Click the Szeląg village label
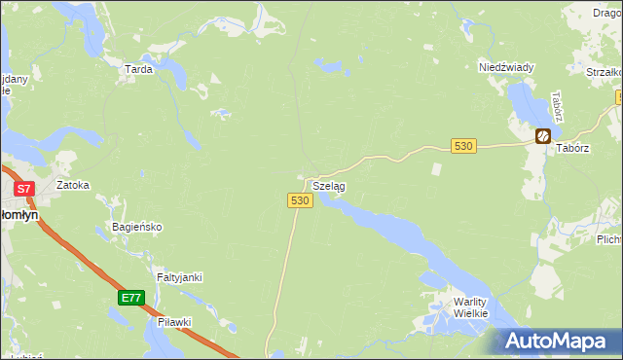tap(328, 185)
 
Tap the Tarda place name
tap(137, 70)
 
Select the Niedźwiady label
tap(506, 67)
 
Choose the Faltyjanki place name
tap(179, 277)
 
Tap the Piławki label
tap(175, 321)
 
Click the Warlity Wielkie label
tap(476, 308)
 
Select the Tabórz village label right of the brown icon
tap(573, 149)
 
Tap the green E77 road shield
tap(132, 298)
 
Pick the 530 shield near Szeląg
tap(299, 199)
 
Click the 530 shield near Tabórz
tap(463, 146)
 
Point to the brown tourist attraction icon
tap(543, 136)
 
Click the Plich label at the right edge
tap(609, 238)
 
